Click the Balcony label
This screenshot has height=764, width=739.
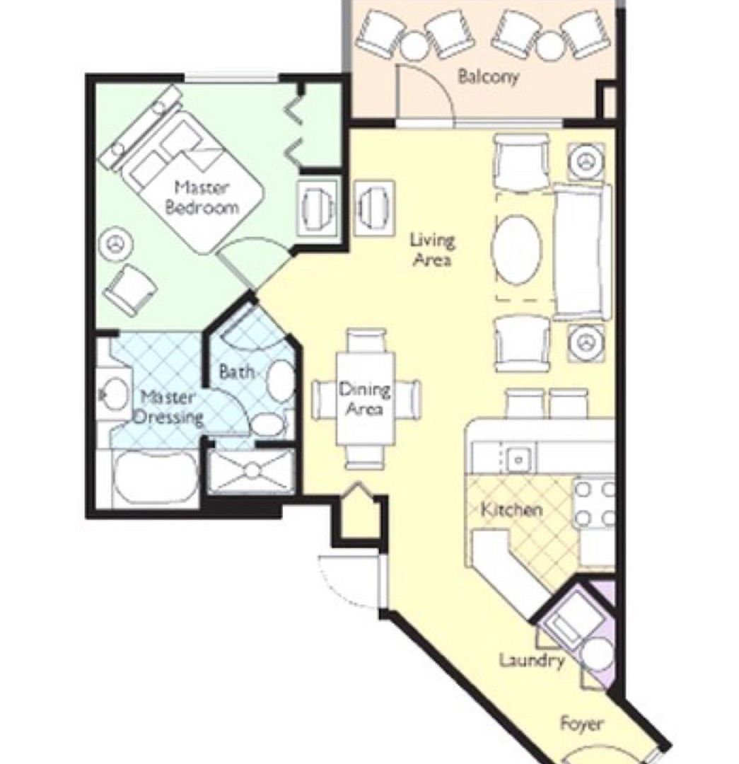click(x=488, y=77)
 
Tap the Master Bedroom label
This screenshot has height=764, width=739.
click(x=202, y=198)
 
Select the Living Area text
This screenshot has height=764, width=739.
click(x=432, y=250)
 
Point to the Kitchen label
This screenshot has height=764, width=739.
click(x=511, y=509)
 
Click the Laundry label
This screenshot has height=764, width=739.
click(x=532, y=661)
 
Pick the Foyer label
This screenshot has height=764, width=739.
click(x=581, y=724)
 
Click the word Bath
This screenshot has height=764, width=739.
click(x=236, y=372)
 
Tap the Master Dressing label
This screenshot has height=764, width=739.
click(x=168, y=408)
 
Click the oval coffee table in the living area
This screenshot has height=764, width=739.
click(x=516, y=249)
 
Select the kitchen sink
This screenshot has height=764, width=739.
click(x=518, y=459)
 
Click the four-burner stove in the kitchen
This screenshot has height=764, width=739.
click(x=594, y=504)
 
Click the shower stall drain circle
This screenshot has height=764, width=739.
click(x=253, y=470)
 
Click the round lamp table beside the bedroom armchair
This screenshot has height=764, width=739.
click(x=115, y=244)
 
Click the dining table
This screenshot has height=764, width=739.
click(x=366, y=399)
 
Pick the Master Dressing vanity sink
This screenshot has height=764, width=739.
click(x=112, y=395)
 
